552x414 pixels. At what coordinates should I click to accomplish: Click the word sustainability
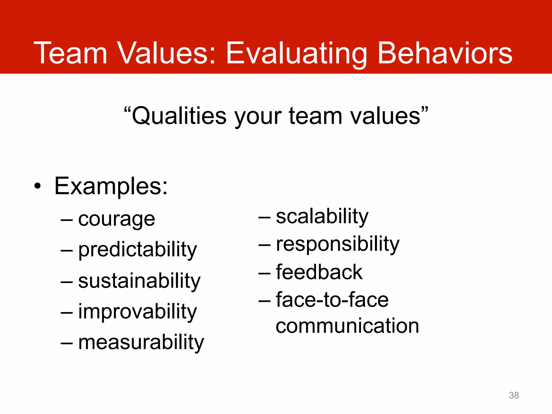(x=139, y=281)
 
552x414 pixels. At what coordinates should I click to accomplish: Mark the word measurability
(x=141, y=343)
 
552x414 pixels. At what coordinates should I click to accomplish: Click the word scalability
(x=322, y=217)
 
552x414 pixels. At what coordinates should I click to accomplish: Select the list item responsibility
(x=338, y=244)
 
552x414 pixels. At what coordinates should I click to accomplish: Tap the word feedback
(x=319, y=272)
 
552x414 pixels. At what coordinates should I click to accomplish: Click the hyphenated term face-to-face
(x=332, y=300)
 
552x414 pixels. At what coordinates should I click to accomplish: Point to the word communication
(x=347, y=326)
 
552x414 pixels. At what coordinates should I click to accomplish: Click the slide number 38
(x=514, y=395)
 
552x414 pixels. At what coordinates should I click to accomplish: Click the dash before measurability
(x=67, y=343)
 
